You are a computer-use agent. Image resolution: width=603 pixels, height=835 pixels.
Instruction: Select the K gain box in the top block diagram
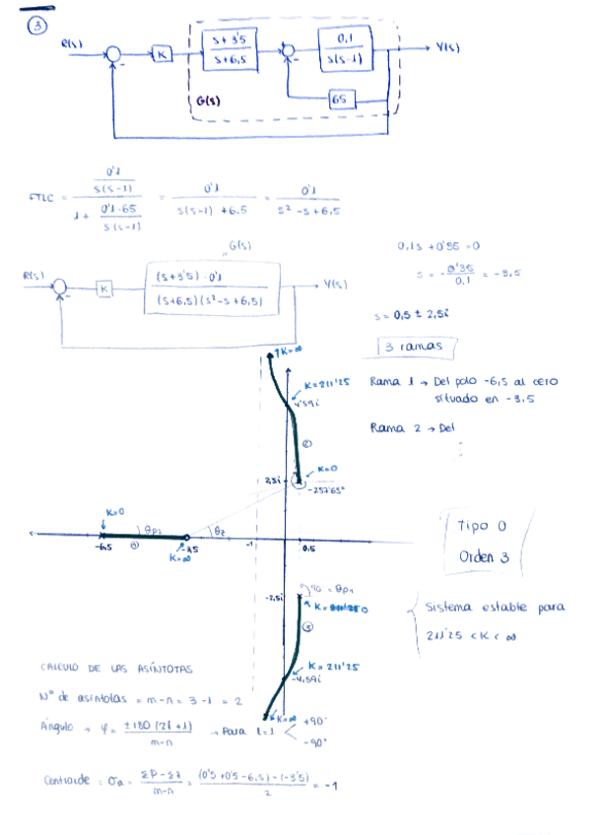pyautogui.click(x=163, y=54)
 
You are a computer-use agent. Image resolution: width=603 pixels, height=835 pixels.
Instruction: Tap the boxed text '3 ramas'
pyautogui.click(x=414, y=348)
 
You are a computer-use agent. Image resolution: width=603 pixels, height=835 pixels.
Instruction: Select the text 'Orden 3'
pyautogui.click(x=483, y=556)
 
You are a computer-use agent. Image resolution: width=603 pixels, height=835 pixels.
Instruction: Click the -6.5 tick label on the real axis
pyautogui.click(x=102, y=546)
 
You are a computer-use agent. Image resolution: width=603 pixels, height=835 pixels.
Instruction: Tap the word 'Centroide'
pyautogui.click(x=66, y=780)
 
